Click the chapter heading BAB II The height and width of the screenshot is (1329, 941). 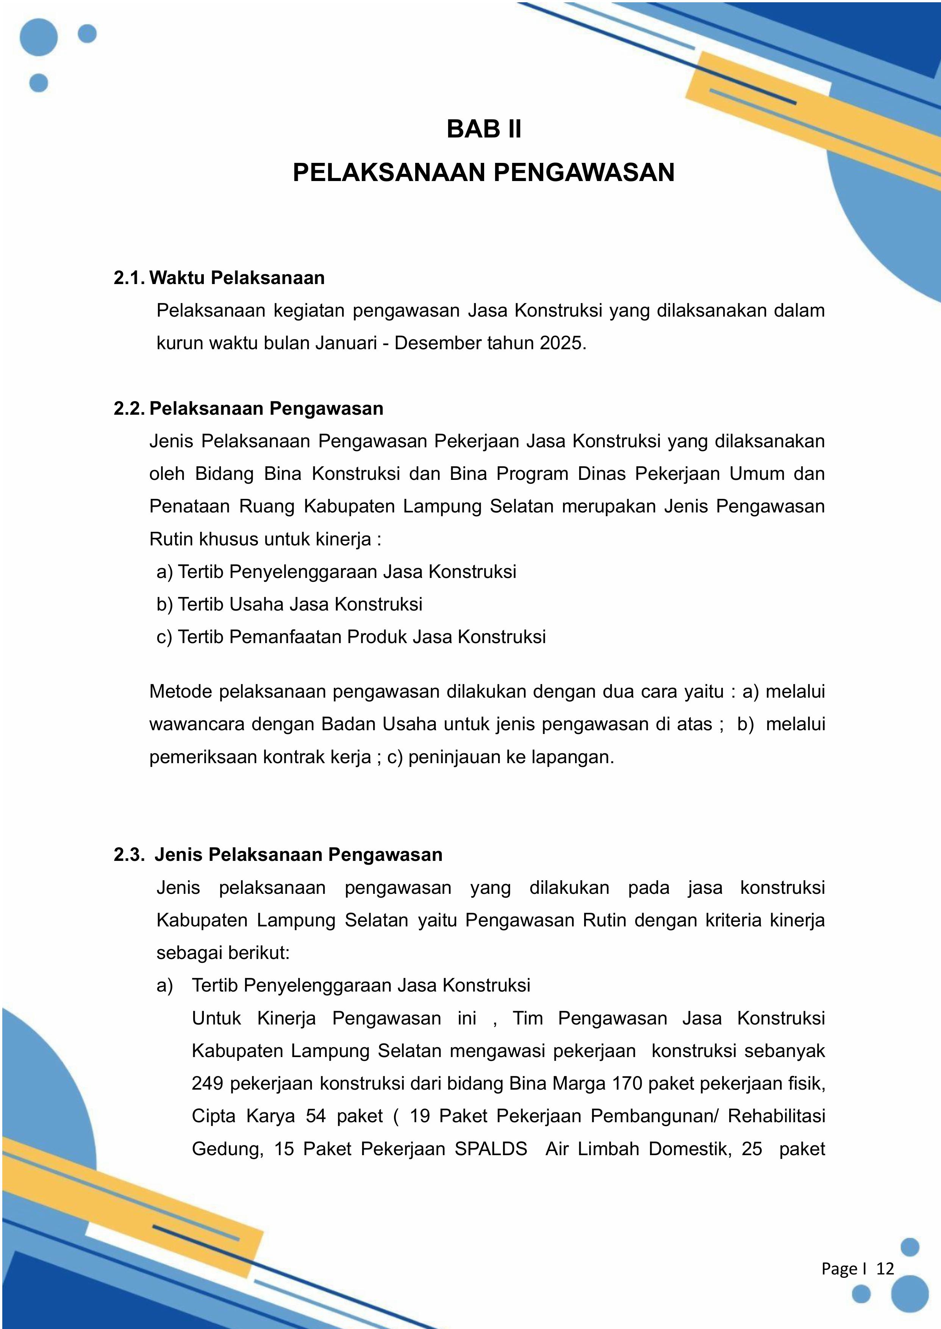[484, 129]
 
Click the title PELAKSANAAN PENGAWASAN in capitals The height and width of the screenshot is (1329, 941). [484, 173]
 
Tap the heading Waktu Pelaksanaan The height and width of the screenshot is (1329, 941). [237, 278]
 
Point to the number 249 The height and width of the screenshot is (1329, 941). [208, 1083]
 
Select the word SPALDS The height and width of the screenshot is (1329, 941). [491, 1148]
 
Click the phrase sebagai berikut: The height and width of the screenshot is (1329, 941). [223, 953]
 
